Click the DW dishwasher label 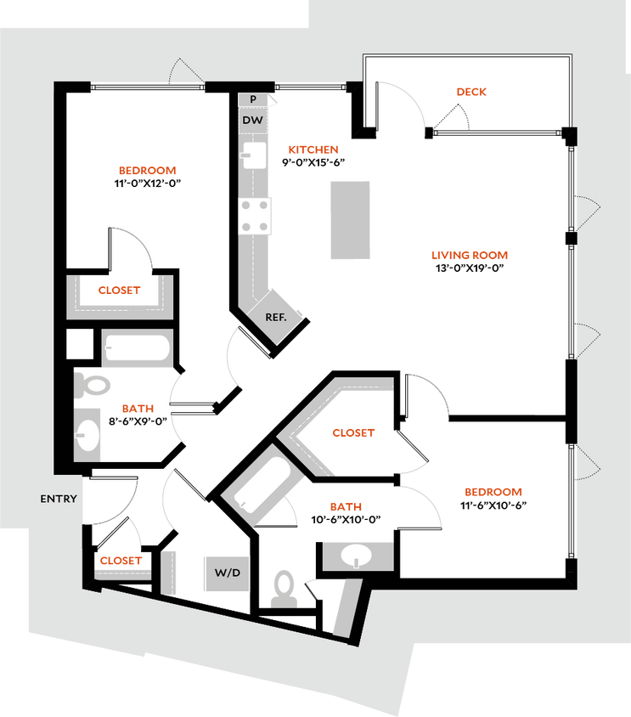pyautogui.click(x=253, y=121)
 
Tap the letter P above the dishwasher pyautogui.click(x=253, y=99)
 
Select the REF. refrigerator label pyautogui.click(x=276, y=316)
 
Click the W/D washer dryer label pyautogui.click(x=227, y=573)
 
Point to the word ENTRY pyautogui.click(x=59, y=500)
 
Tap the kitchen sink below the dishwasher pyautogui.click(x=255, y=155)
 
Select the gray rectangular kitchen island pyautogui.click(x=351, y=220)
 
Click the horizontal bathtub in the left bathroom pyautogui.click(x=137, y=348)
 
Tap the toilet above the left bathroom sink pyautogui.click(x=93, y=387)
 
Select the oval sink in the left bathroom pyautogui.click(x=88, y=434)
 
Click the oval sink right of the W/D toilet pyautogui.click(x=357, y=557)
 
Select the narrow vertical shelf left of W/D pyautogui.click(x=170, y=571)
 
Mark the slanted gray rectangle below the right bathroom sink pyautogui.click(x=346, y=607)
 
